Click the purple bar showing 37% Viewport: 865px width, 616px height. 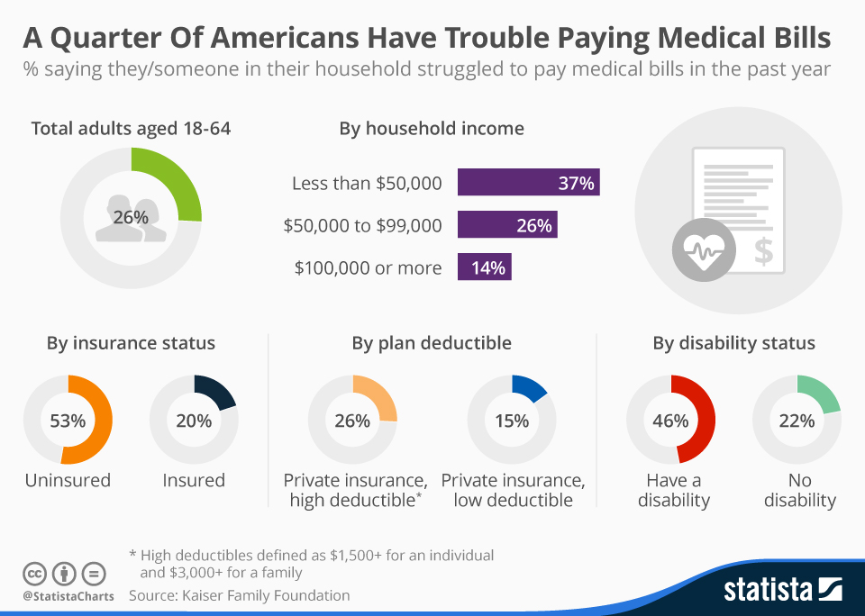528,183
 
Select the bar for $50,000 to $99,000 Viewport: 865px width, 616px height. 507,225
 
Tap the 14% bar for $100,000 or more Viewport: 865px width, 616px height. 485,267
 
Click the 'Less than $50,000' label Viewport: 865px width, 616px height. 367,184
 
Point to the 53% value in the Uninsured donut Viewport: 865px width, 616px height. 68,421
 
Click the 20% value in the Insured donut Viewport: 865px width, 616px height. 194,421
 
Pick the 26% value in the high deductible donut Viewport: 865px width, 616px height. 352,421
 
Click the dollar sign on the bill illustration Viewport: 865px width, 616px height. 763,251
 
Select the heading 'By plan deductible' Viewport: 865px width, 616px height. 432,343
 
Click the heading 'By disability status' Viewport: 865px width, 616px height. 733,343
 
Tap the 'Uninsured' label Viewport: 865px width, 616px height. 68,480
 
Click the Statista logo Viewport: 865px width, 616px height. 782,590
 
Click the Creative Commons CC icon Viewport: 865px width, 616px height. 34,573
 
